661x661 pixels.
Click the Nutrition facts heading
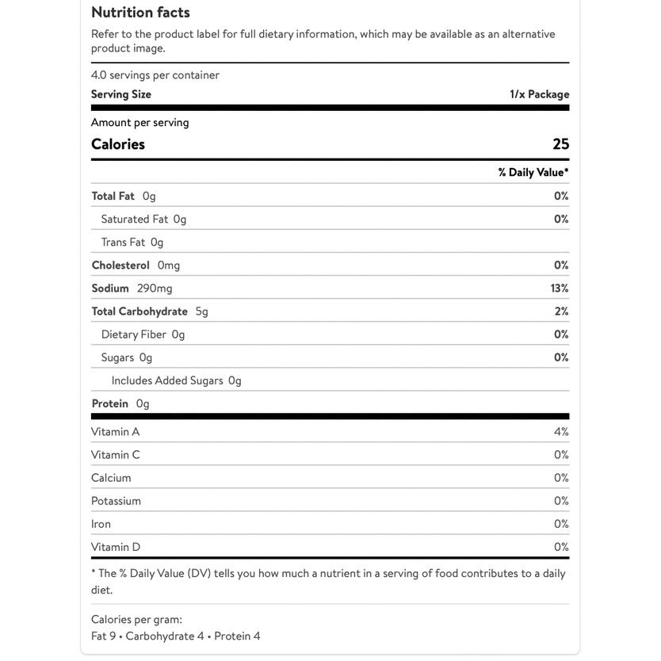[x=140, y=13]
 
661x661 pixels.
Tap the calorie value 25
[x=560, y=144]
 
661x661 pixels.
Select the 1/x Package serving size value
[x=539, y=94]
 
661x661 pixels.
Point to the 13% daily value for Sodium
[x=560, y=288]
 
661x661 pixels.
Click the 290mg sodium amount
[x=155, y=288]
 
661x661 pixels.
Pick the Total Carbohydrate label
[x=139, y=311]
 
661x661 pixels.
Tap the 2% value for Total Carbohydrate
[x=561, y=311]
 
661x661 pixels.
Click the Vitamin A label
[x=115, y=432]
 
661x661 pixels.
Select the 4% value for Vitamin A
[x=561, y=432]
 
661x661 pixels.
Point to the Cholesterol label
[x=120, y=266]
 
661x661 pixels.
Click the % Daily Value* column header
[x=533, y=173]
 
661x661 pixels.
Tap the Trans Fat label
[x=123, y=243]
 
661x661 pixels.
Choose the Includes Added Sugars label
[x=167, y=380]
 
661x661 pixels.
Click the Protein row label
[x=109, y=403]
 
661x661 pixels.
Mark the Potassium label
[x=116, y=501]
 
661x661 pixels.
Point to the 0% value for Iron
[x=561, y=524]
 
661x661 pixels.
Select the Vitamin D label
[x=116, y=547]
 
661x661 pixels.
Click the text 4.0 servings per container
[x=155, y=75]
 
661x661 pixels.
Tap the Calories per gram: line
[x=136, y=620]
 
